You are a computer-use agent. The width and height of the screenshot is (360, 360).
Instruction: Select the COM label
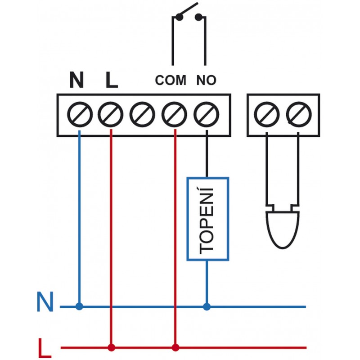pyautogui.click(x=171, y=81)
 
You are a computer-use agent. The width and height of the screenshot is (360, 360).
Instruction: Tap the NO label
pyautogui.click(x=207, y=81)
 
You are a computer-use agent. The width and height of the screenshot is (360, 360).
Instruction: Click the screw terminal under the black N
pyautogui.click(x=79, y=114)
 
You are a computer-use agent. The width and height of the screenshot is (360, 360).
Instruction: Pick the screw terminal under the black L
pyautogui.click(x=111, y=114)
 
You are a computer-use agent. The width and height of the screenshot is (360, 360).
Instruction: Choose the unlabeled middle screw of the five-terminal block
pyautogui.click(x=143, y=114)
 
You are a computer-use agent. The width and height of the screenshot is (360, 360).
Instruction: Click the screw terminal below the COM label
pyautogui.click(x=174, y=114)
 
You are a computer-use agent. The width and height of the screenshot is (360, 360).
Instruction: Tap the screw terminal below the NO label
pyautogui.click(x=206, y=114)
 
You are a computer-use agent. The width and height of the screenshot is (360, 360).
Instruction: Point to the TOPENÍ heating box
pyautogui.click(x=208, y=219)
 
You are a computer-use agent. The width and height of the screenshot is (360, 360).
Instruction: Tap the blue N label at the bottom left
pyautogui.click(x=45, y=303)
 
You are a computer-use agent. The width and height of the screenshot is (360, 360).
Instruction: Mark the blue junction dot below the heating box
pyautogui.click(x=207, y=307)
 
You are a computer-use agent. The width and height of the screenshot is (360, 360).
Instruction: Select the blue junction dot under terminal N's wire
pyautogui.click(x=80, y=307)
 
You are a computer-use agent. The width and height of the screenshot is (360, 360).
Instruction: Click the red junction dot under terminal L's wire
pyautogui.click(x=111, y=347)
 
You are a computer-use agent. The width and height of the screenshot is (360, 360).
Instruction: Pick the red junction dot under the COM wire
pyautogui.click(x=175, y=347)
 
